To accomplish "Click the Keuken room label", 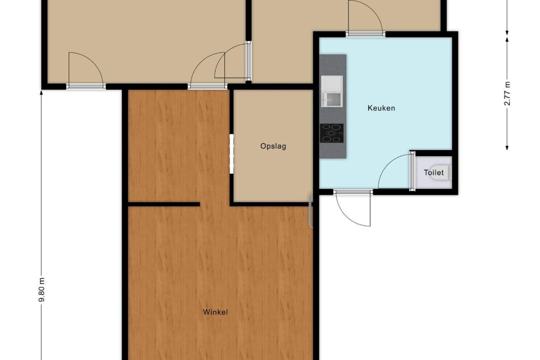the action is [x=381, y=108].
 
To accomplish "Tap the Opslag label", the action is [x=273, y=147].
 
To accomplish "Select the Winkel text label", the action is [x=215, y=312].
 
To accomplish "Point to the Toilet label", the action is [x=434, y=173].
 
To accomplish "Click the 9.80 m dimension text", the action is [x=42, y=290].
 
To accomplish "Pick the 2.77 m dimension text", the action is [x=507, y=93].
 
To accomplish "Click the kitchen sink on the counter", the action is [x=332, y=91].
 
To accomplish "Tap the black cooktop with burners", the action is [x=332, y=133].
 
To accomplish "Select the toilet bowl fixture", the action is [x=441, y=172].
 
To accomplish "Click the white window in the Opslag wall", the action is [x=231, y=154].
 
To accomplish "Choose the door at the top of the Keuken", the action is [x=366, y=18].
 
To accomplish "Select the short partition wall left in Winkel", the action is [x=164, y=204].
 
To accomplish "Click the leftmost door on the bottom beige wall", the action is [x=86, y=70].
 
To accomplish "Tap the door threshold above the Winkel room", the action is [x=207, y=86].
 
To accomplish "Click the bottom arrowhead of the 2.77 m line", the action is [x=507, y=147].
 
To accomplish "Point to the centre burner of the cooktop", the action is [x=331, y=133].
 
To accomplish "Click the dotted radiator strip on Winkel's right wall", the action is [x=311, y=210].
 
